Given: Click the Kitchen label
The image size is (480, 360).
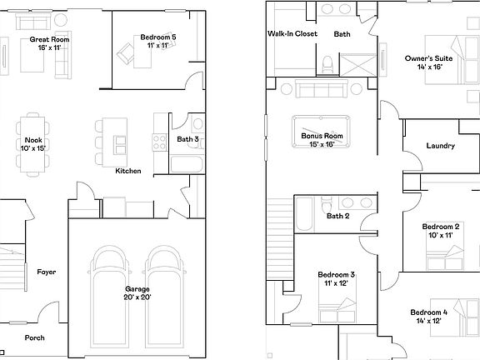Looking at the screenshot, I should (x=127, y=171).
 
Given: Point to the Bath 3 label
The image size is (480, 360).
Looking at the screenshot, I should (x=187, y=139).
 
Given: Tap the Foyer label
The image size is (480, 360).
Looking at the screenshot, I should (x=46, y=272).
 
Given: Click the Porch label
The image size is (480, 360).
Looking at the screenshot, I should (x=34, y=337).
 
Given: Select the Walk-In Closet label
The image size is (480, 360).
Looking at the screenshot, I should (x=292, y=34).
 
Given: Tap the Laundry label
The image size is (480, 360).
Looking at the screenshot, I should (x=440, y=146).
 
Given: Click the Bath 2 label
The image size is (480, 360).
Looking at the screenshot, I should (x=337, y=217).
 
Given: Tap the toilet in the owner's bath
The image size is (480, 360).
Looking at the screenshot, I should (x=328, y=62).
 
